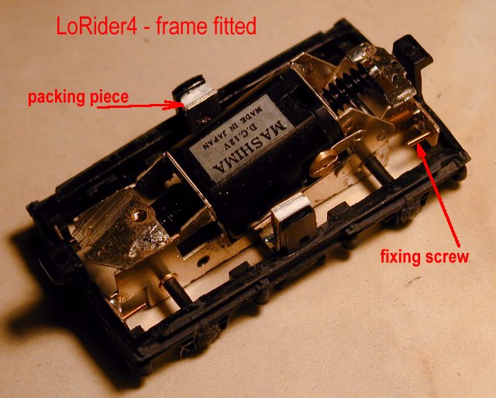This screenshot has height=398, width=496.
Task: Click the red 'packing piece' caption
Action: pyautogui.click(x=78, y=98)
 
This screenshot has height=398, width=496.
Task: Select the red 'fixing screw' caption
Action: pyautogui.click(x=424, y=256)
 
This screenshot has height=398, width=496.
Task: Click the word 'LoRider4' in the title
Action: pyautogui.click(x=97, y=26)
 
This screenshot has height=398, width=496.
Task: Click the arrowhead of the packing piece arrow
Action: pyautogui.click(x=177, y=105)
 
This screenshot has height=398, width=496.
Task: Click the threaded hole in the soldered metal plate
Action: pyautogui.click(x=139, y=216)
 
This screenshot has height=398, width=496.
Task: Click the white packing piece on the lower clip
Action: pyautogui.click(x=291, y=211)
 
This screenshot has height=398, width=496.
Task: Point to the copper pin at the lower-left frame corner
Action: pyautogui.click(x=135, y=310)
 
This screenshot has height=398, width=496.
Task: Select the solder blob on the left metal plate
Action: pyautogui.click(x=146, y=235)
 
